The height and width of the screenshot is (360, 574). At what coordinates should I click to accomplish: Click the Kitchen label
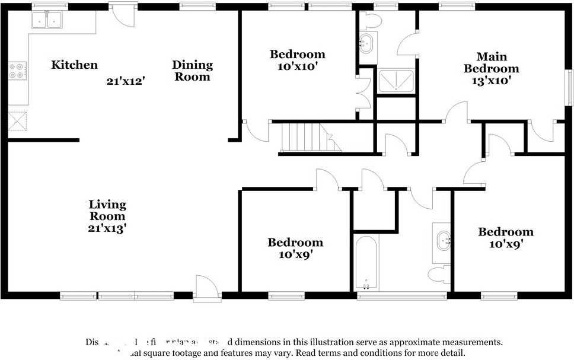(x=74, y=65)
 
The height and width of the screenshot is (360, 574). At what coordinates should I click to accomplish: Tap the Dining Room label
(x=192, y=71)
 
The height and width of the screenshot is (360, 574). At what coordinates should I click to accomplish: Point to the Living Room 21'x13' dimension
(x=107, y=227)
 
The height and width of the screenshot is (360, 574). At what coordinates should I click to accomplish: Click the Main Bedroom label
(x=491, y=62)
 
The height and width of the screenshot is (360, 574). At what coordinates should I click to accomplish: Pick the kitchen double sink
(x=47, y=20)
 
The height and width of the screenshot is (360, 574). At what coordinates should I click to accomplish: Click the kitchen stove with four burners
(x=17, y=71)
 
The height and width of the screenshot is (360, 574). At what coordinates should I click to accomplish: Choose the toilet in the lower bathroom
(x=438, y=274)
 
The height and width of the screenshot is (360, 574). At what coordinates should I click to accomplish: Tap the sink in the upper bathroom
(x=368, y=43)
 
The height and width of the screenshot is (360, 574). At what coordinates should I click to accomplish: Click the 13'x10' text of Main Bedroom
(x=490, y=80)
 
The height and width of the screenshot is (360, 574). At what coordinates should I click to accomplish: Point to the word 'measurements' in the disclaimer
(x=470, y=342)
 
